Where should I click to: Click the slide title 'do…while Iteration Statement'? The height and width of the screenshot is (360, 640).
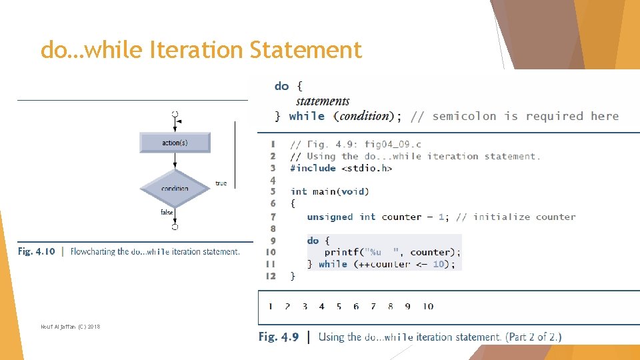point(201,50)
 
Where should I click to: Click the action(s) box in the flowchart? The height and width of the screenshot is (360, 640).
point(175,143)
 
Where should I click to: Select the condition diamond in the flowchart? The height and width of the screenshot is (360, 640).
point(175,188)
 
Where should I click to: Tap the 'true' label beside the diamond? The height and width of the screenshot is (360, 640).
point(221,183)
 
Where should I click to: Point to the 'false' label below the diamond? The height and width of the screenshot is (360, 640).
point(167,213)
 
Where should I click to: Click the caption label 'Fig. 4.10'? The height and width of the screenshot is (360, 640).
point(37,252)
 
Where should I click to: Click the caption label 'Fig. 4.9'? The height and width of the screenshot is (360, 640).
point(278,337)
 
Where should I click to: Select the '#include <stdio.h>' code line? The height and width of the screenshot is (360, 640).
point(341,168)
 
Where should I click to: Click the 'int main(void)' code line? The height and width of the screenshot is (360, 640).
point(329,191)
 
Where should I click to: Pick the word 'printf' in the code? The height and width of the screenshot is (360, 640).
point(341,252)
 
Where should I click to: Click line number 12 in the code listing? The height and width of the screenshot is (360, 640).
point(271,275)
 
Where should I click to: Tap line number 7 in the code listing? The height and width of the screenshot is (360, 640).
point(273,217)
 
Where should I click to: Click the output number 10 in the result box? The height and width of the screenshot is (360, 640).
point(428,307)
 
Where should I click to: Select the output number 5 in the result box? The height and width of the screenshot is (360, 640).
point(339,307)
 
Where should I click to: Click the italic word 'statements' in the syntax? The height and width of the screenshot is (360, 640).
point(323,101)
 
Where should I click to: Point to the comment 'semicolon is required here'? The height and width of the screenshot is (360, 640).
point(525,116)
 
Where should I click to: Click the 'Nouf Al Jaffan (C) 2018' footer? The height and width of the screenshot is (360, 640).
point(70,326)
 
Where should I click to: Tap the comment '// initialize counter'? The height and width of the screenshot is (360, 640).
point(515,217)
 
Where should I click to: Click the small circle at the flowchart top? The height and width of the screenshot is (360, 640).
point(175,114)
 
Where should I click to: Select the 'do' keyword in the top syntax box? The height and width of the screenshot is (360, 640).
point(281,86)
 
